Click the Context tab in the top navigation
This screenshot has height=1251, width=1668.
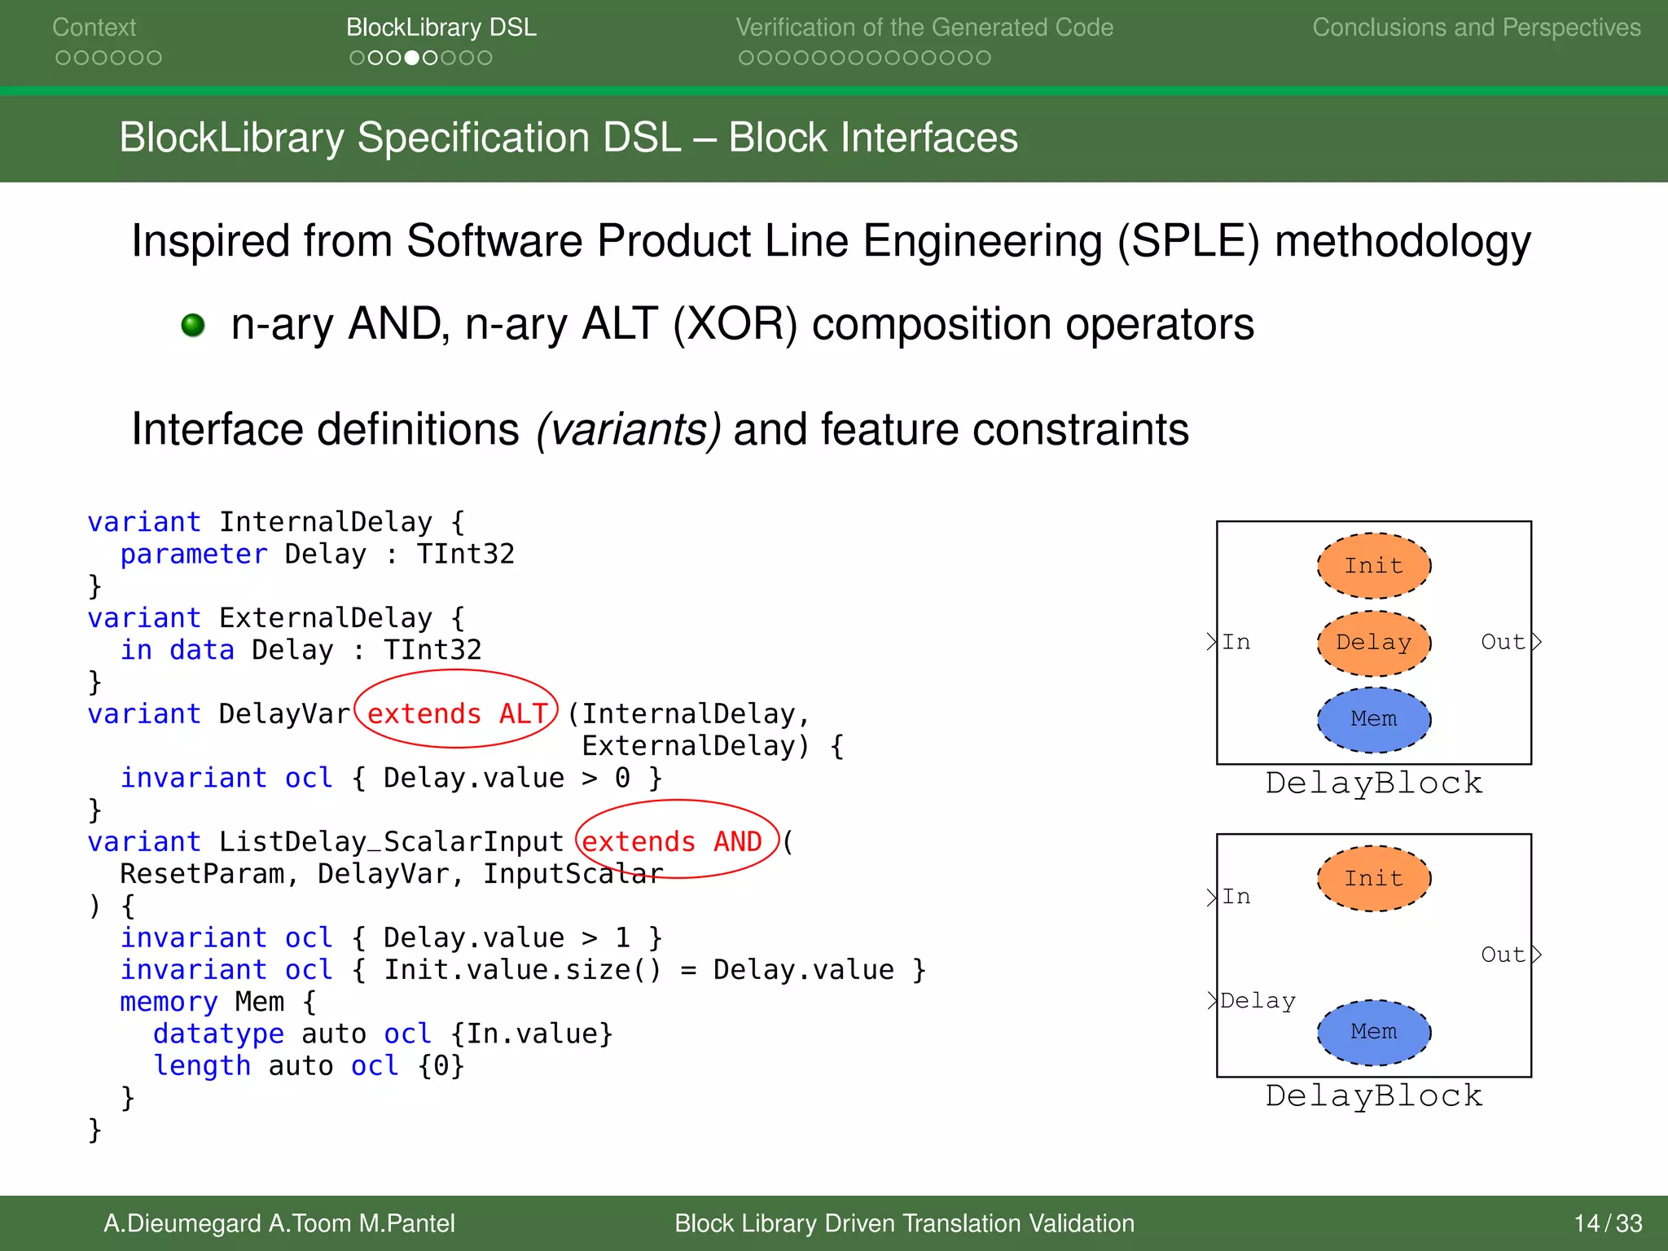point(94,28)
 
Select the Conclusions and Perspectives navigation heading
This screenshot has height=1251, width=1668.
point(1476,28)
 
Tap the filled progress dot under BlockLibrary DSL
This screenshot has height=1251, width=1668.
point(412,58)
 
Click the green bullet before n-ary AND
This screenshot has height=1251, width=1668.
point(193,325)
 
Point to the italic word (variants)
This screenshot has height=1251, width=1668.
point(628,429)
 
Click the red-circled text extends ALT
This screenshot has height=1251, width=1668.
point(457,713)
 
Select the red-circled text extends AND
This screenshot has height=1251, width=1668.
point(673,841)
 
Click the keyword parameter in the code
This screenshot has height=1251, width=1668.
point(193,555)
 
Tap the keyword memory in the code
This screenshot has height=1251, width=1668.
point(169,1002)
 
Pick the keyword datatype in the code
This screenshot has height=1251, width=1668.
point(218,1034)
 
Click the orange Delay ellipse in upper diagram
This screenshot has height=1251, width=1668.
point(1373,643)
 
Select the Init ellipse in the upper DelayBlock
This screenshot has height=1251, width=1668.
point(1373,565)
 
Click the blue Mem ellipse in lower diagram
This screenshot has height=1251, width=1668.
point(1373,1032)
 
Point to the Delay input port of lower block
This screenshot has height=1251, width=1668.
point(1257,1001)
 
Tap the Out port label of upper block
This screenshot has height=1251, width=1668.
point(1503,643)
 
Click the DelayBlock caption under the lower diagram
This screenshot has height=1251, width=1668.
point(1373,1096)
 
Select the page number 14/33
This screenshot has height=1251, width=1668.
point(1607,1223)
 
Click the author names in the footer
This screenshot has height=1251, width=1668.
point(279,1223)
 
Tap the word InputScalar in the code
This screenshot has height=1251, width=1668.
point(573,874)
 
